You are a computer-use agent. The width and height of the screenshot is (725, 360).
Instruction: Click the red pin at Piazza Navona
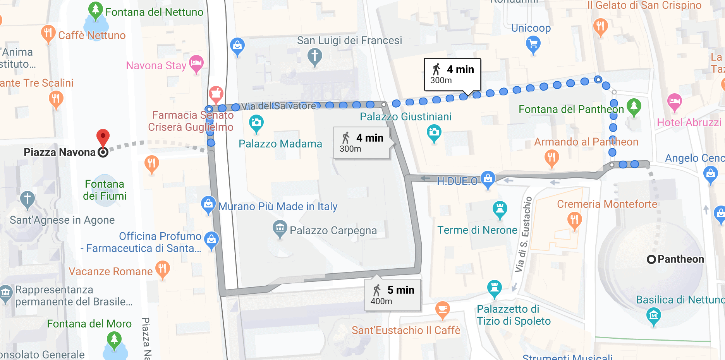(103, 137)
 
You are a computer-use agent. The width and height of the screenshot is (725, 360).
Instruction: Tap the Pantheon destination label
(680, 259)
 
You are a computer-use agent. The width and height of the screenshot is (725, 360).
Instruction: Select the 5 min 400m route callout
(392, 295)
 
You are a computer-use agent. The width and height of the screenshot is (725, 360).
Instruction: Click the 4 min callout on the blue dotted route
(452, 74)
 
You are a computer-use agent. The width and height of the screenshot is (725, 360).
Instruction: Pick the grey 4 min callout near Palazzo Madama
(362, 143)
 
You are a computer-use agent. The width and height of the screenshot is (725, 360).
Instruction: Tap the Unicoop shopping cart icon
(533, 44)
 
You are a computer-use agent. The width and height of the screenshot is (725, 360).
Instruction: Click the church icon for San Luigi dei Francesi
(314, 56)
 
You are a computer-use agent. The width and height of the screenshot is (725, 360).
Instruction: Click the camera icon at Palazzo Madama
(256, 123)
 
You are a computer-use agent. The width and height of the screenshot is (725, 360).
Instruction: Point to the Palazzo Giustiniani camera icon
(434, 132)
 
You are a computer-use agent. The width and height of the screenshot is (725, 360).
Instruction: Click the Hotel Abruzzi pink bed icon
(674, 101)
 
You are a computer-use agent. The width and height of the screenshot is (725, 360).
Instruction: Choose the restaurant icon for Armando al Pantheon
(551, 158)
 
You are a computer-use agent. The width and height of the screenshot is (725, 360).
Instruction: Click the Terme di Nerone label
(477, 230)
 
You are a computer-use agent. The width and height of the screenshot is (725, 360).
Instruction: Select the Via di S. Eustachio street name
(524, 234)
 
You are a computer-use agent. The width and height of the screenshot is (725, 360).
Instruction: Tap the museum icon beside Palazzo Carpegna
(279, 228)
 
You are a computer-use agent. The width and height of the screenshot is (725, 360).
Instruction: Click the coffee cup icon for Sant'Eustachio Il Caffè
(442, 309)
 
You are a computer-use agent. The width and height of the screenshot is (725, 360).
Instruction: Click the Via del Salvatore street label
(278, 106)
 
